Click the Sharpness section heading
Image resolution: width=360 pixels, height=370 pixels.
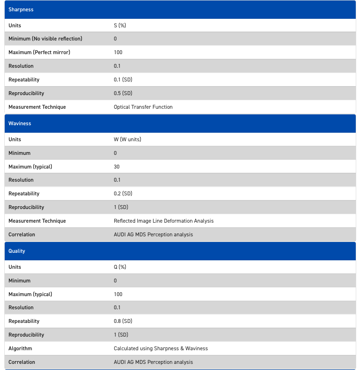pos(21,9)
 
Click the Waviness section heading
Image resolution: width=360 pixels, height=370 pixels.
pos(20,123)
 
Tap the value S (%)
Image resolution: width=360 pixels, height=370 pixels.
pos(120,25)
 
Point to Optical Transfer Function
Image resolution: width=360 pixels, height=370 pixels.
pos(143,107)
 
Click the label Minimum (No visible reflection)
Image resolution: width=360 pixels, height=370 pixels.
pos(45,39)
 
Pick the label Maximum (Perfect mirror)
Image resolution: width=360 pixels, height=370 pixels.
pos(39,52)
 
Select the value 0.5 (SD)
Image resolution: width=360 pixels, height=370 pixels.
pos(123,93)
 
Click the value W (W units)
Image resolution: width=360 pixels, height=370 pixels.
pos(128,139)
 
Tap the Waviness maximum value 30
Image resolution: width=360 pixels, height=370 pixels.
pos(117,167)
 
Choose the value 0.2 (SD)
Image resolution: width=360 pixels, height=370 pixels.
pos(123,193)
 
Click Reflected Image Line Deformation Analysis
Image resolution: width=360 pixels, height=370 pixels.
pos(164,221)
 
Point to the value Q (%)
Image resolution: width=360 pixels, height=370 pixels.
pos(120,267)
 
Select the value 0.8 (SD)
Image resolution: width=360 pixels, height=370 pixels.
pos(123,321)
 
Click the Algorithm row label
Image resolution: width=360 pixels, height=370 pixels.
pos(20,348)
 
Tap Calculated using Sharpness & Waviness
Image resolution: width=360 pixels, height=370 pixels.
pos(160,348)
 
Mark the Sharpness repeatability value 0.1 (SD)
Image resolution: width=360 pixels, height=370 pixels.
pos(123,80)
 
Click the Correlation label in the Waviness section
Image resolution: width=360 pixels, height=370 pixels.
pos(22,234)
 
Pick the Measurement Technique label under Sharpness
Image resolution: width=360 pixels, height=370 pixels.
pos(37,107)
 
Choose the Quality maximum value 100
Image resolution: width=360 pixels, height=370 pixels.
pos(118,294)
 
